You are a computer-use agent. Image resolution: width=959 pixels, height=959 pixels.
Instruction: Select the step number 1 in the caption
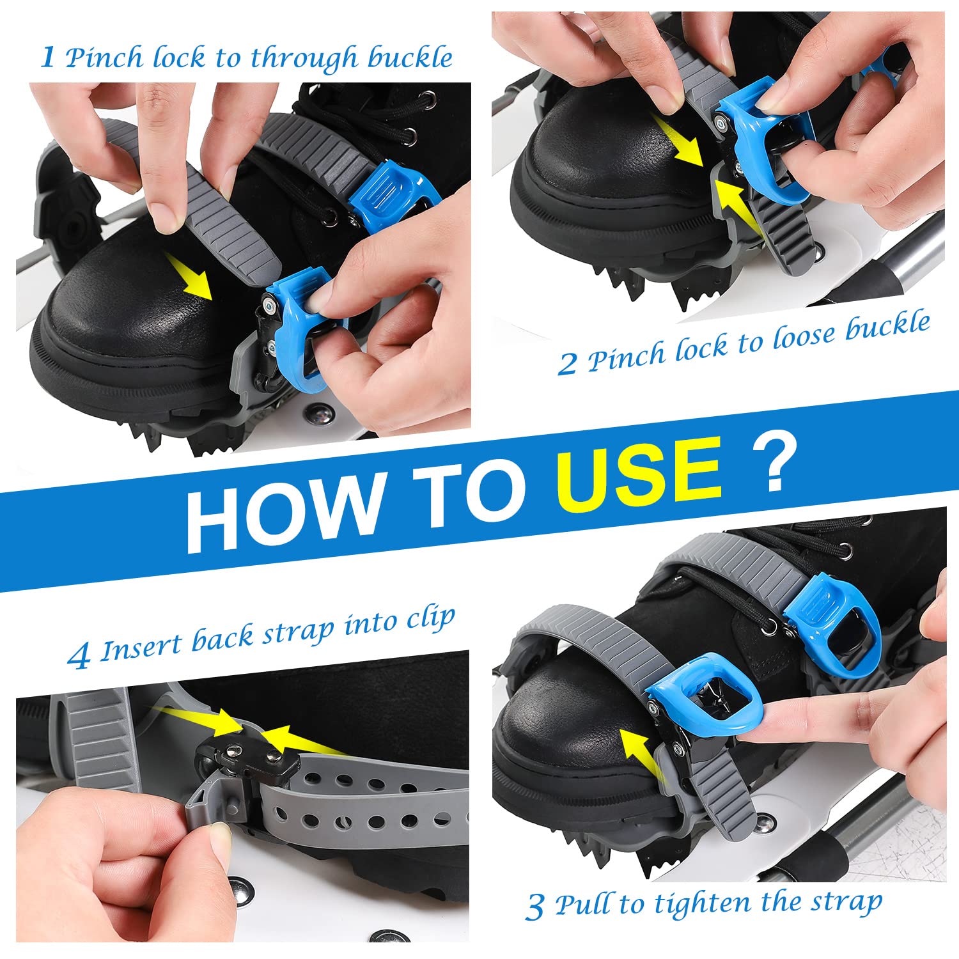coord(48,58)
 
